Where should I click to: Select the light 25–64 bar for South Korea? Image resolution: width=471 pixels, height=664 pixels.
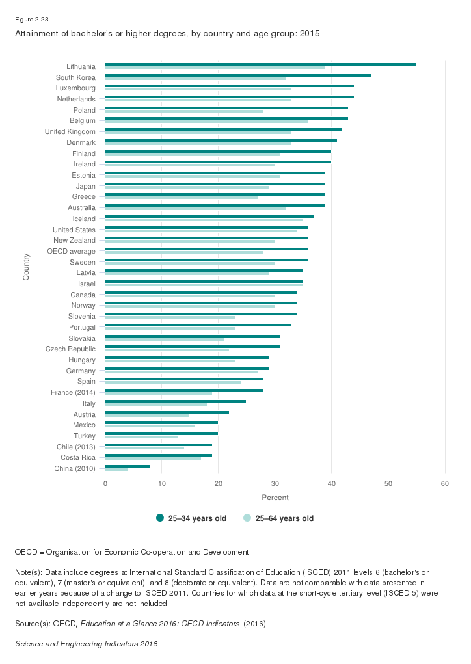point(195,79)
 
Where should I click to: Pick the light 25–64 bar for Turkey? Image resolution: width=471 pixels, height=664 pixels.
point(142,437)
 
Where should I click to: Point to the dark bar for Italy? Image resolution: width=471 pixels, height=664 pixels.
point(176,401)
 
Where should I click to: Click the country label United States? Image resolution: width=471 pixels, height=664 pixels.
point(74,230)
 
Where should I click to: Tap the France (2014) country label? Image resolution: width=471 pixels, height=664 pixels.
point(73,392)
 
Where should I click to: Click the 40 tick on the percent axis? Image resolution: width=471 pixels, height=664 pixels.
point(332,483)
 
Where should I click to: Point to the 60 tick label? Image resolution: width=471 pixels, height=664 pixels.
point(445,483)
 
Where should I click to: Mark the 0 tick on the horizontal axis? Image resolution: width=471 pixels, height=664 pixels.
point(105,483)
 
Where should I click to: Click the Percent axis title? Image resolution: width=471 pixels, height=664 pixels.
point(275,498)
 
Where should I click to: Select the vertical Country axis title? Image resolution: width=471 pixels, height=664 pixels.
point(26,267)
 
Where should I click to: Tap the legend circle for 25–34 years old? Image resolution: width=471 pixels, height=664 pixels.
point(160,518)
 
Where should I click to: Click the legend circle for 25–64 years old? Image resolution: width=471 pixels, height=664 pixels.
point(247,518)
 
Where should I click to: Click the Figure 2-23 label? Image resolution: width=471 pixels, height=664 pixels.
point(32,20)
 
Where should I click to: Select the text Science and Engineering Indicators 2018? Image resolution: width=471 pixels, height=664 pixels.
point(86,644)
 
